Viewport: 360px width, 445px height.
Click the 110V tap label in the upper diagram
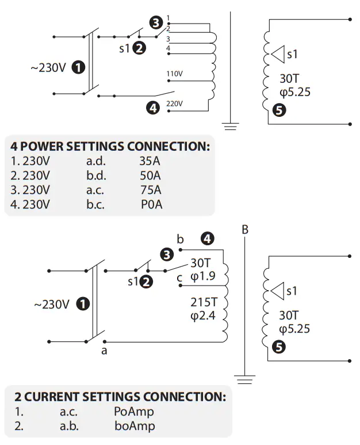pos(174,74)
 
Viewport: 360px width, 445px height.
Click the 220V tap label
pos(174,104)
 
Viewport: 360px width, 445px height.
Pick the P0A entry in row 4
pos(151,204)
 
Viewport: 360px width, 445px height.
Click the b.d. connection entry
pos(95,176)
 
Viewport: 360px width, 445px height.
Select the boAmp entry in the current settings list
pos(134,426)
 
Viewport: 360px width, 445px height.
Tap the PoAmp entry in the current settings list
pos(134,412)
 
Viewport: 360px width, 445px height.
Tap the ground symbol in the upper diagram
pos(231,126)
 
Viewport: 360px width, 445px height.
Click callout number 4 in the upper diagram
pos(152,107)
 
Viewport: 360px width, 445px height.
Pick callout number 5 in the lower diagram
pos(279,347)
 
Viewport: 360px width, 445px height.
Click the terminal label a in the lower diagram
pos(104,350)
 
